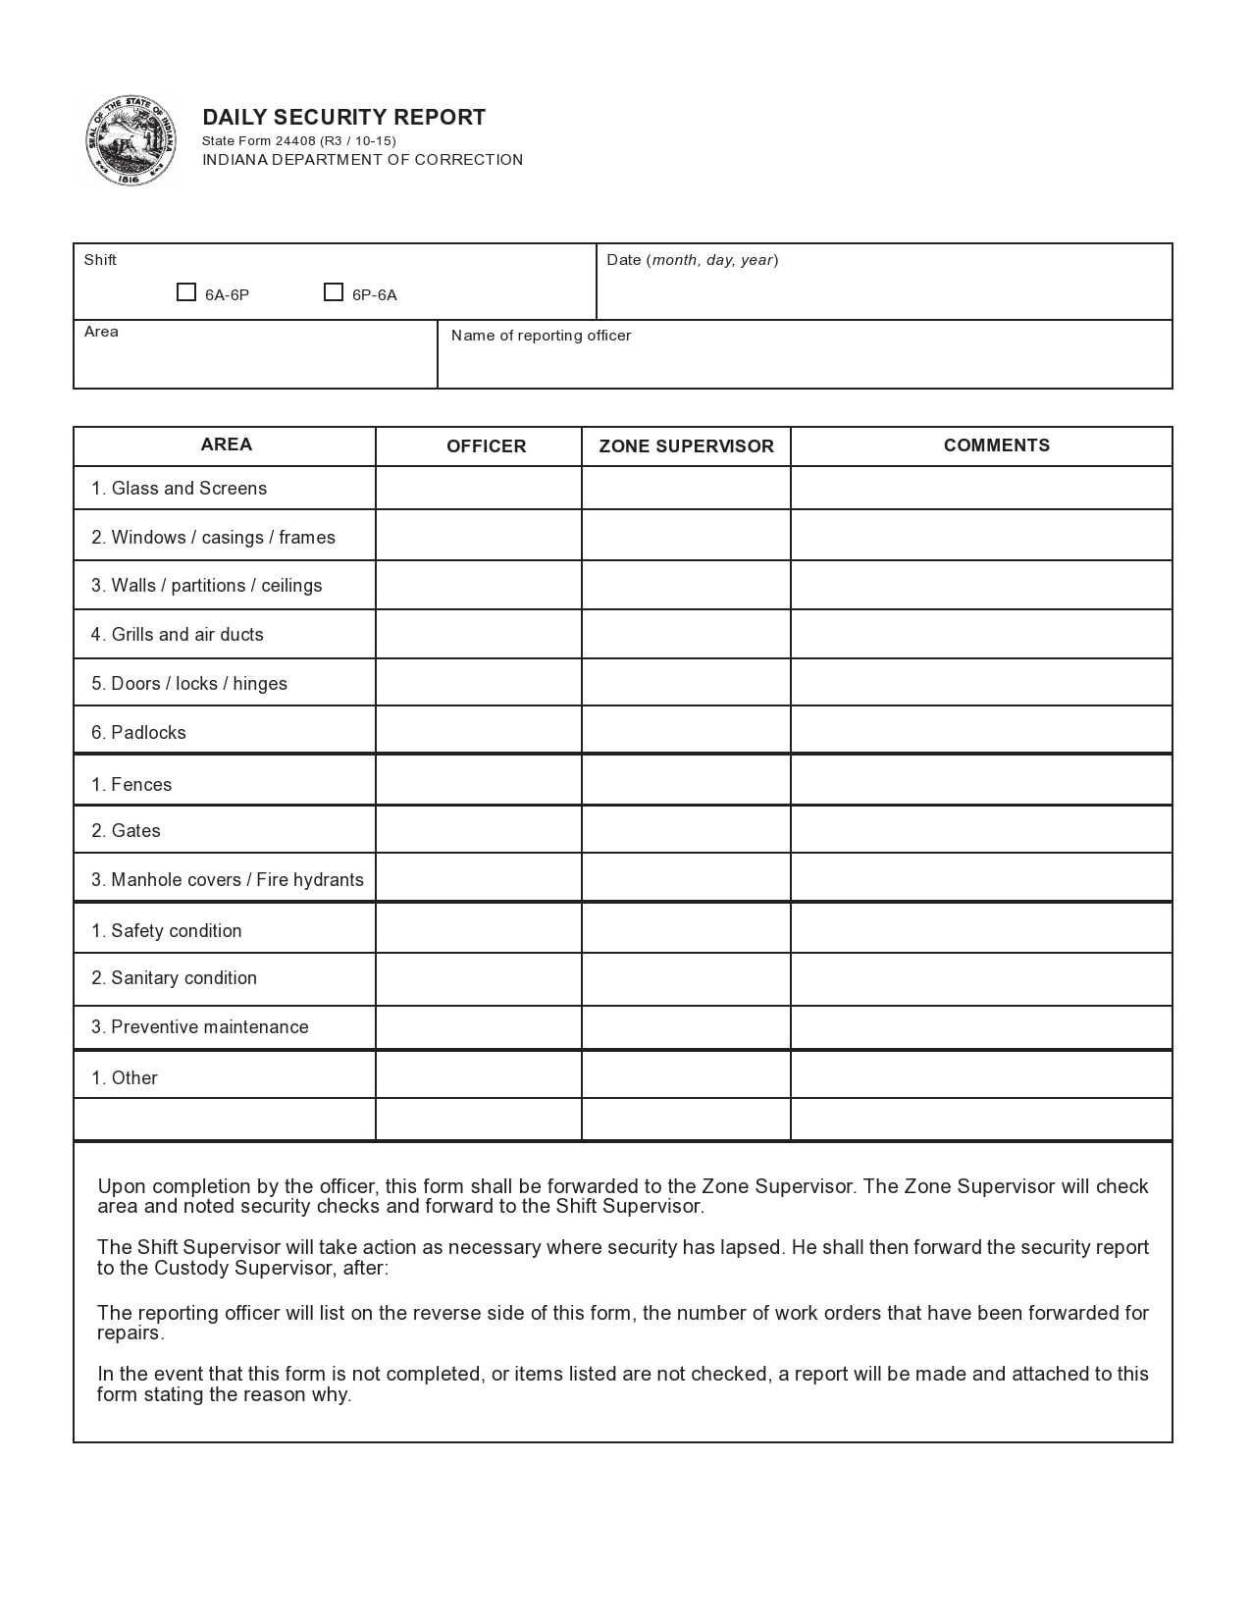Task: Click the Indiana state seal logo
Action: coord(130,141)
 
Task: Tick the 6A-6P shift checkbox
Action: coord(186,292)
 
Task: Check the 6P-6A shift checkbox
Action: coord(334,292)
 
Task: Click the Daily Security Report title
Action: coord(343,118)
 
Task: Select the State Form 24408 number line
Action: coord(298,141)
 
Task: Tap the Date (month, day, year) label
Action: coord(692,260)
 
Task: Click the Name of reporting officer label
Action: coord(541,336)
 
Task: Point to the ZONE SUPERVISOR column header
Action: coord(686,446)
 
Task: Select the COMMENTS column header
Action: coord(996,445)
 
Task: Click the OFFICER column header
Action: coord(486,446)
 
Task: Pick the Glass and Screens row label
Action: coord(179,489)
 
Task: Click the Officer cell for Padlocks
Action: coord(478,730)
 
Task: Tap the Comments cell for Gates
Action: coord(981,830)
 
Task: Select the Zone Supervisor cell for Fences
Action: coord(686,781)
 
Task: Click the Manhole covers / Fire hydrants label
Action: coord(228,880)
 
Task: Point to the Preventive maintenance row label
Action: coord(200,1027)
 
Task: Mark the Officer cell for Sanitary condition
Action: coord(478,979)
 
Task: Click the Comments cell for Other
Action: coord(981,1075)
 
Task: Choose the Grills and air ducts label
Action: coord(178,635)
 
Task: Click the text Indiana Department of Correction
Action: coord(362,160)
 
